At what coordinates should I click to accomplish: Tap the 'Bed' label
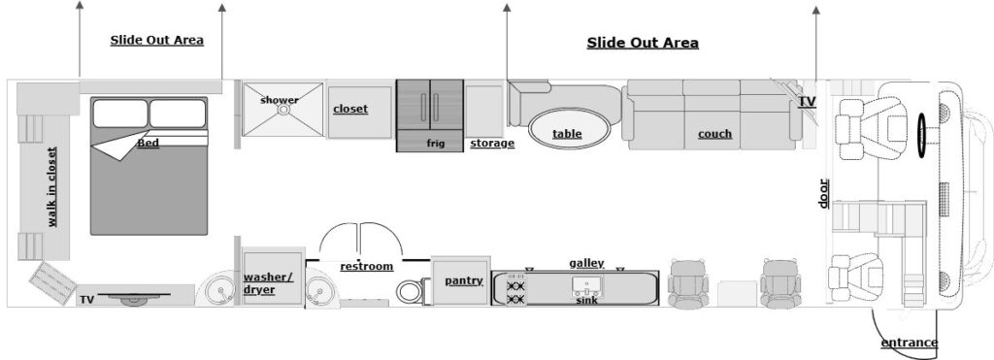(148, 144)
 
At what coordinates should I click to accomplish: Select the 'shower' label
(280, 100)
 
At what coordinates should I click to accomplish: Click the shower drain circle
(283, 110)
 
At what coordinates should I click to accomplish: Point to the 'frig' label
(435, 143)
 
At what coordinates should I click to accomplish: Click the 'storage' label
(491, 144)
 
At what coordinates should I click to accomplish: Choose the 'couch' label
(714, 133)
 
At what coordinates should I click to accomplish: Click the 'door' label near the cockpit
(823, 193)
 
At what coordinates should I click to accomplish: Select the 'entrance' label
(909, 343)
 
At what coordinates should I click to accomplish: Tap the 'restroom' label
(366, 266)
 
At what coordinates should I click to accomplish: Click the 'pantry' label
(463, 280)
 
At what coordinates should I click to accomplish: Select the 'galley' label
(586, 263)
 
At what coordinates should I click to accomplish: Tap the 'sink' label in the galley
(586, 301)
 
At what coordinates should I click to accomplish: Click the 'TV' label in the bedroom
(87, 300)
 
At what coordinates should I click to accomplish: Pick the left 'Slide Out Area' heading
(156, 40)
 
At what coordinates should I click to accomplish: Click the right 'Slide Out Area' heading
(643, 43)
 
